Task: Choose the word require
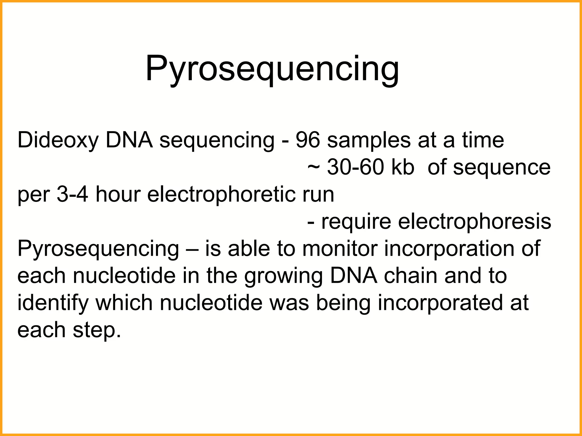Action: (356, 222)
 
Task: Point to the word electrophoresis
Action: (474, 222)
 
